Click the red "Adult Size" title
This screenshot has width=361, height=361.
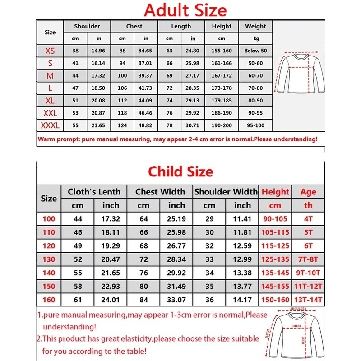click(185, 9)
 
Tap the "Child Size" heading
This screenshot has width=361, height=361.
click(180, 171)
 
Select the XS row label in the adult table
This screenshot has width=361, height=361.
click(50, 51)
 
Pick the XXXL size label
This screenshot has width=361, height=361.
click(50, 125)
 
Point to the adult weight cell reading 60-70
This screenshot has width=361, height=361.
click(255, 75)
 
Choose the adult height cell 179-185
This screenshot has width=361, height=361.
click(222, 100)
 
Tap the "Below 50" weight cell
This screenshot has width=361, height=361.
click(255, 51)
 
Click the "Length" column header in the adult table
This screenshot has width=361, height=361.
click(181, 26)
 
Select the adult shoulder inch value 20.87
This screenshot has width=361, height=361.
click(99, 112)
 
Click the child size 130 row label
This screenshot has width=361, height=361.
click(49, 259)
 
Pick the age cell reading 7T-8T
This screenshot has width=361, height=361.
click(308, 259)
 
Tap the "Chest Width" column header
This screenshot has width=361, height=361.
click(160, 192)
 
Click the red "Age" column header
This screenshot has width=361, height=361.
click(308, 192)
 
